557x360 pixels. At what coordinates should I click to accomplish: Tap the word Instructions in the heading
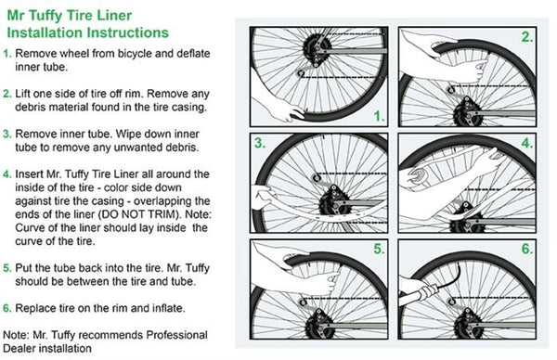(128, 32)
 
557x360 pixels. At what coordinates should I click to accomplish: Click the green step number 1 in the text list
(7, 54)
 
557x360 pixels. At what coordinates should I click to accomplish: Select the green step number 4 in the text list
(7, 174)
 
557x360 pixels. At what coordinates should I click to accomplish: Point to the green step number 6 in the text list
(7, 308)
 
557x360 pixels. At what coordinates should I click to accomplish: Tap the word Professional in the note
(177, 335)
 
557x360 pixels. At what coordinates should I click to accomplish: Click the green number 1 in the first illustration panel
(380, 116)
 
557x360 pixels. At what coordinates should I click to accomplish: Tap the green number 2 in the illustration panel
(527, 37)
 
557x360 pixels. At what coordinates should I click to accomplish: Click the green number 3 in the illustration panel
(260, 143)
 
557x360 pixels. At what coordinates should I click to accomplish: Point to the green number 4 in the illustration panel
(527, 143)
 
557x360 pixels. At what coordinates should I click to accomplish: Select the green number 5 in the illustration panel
(379, 249)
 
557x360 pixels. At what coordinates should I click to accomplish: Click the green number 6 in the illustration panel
(527, 249)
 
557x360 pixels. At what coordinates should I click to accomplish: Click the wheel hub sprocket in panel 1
(317, 47)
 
